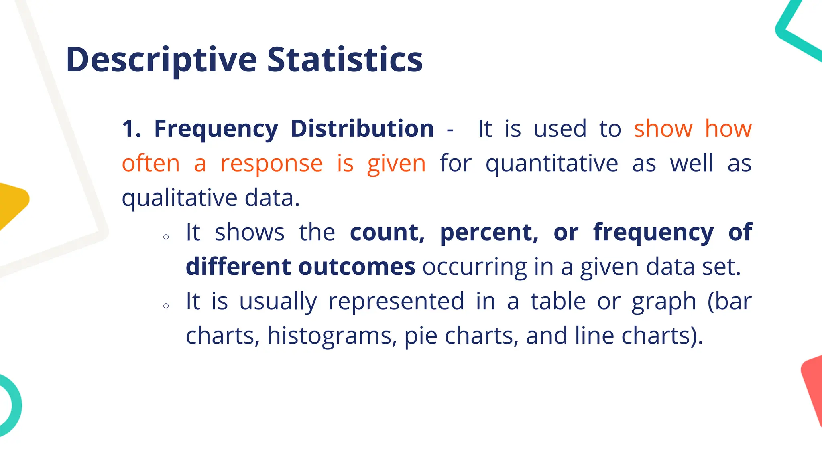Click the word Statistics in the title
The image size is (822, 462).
(x=345, y=60)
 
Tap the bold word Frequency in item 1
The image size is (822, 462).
(x=216, y=129)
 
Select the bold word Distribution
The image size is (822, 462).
(x=362, y=129)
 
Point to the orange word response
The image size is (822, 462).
(x=271, y=164)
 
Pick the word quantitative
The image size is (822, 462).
(x=551, y=164)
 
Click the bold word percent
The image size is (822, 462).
(x=489, y=233)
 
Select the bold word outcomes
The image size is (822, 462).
(x=356, y=267)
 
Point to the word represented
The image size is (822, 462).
(x=396, y=302)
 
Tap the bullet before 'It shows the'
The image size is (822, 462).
(x=166, y=237)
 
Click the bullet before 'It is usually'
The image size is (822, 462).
(x=166, y=306)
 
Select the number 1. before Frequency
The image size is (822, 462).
(x=131, y=129)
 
